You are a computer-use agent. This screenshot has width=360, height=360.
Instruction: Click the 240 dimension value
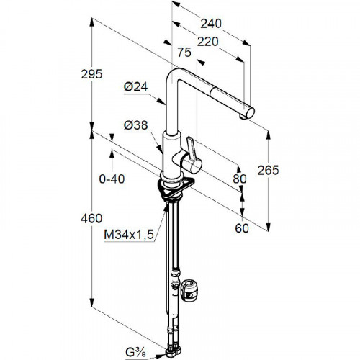tap(211, 24)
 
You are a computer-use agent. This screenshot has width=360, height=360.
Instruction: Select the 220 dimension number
tap(208, 42)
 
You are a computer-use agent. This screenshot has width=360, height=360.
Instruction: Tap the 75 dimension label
tap(184, 53)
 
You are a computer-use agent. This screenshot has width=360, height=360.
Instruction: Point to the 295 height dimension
tap(91, 74)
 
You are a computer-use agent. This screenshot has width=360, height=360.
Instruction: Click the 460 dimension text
tap(91, 219)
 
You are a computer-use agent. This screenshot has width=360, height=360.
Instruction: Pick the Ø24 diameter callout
tap(135, 87)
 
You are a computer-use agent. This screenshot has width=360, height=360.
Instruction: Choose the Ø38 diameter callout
tap(135, 125)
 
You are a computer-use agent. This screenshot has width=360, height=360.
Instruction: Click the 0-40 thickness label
tap(112, 179)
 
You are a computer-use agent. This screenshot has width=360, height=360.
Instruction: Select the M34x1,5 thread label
tap(129, 235)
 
